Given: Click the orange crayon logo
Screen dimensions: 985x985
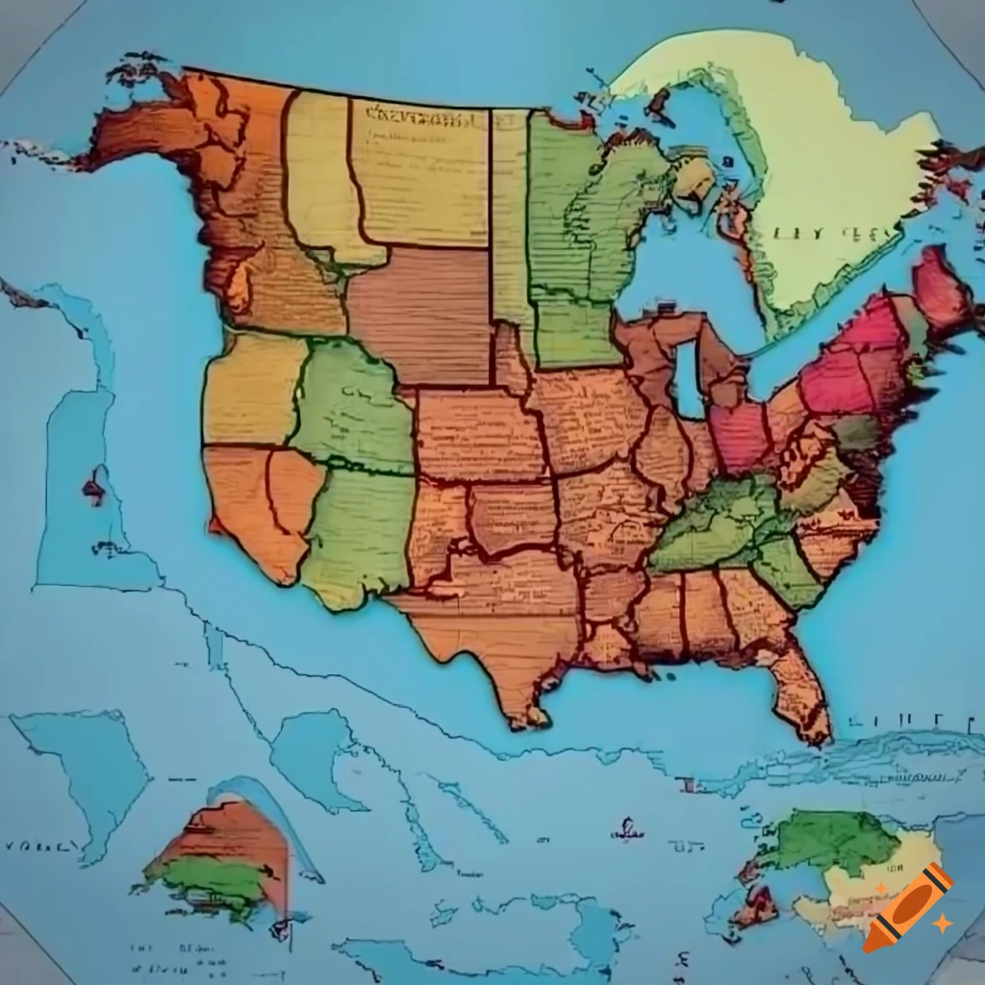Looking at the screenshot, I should click(907, 907).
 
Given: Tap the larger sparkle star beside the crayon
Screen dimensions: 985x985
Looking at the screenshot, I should click(943, 922).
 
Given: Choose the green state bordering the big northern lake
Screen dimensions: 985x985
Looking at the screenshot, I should click(577, 240).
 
